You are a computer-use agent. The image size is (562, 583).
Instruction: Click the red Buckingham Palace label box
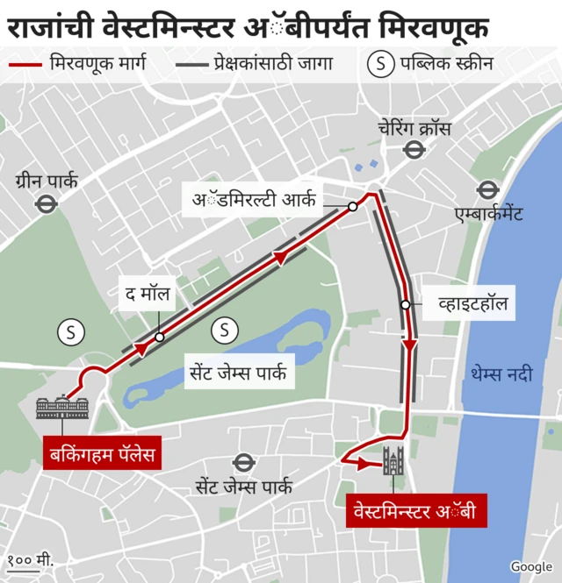(101, 454)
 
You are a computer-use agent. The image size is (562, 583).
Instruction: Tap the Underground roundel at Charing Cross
(411, 150)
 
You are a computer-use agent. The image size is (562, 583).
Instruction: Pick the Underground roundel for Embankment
(487, 189)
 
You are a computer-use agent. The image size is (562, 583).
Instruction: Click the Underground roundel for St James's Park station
(243, 462)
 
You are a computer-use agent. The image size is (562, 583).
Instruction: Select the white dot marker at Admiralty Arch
(352, 207)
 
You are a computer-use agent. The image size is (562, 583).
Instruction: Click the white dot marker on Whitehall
(405, 305)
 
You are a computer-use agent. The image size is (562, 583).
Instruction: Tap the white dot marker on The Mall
(159, 337)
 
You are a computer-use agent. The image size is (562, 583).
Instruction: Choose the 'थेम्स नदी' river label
(501, 374)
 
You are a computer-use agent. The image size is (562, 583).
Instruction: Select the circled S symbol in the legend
(380, 64)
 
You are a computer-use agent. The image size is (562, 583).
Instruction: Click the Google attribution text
(530, 566)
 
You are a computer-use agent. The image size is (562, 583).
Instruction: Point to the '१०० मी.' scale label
(32, 559)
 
